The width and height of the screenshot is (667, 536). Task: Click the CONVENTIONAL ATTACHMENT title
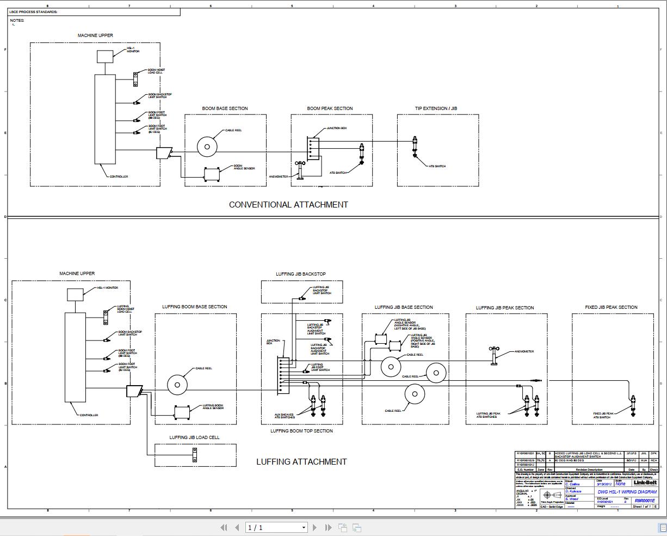(288, 205)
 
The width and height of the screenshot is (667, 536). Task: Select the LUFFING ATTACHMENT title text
(301, 462)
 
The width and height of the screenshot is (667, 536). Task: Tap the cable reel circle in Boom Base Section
(207, 146)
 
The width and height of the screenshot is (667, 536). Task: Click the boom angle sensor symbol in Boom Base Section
(212, 174)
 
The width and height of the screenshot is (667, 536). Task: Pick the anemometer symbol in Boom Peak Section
(300, 168)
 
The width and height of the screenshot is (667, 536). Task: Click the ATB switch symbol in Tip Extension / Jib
(415, 147)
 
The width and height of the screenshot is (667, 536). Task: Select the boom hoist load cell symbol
(135, 79)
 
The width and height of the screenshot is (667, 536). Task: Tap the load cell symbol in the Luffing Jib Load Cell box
(194, 455)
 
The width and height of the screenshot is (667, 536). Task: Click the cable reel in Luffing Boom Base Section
(177, 385)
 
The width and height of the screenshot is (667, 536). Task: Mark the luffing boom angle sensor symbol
(182, 412)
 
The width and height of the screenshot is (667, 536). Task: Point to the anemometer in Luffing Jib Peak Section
(494, 355)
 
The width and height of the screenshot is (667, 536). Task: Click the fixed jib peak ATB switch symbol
(633, 406)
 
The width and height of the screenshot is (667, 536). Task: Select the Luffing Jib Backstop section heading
(301, 274)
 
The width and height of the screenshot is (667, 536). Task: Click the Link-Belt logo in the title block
(645, 483)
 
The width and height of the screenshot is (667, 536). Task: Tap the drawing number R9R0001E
(645, 501)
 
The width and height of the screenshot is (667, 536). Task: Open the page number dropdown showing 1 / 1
(277, 527)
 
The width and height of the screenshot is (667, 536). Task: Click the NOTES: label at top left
(17, 21)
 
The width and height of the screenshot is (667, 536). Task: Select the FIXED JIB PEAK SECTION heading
(611, 307)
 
